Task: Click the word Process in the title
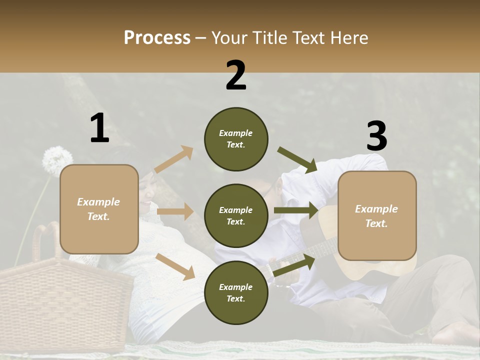157,38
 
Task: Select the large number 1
99,128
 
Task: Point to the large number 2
236,75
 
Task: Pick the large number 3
376,136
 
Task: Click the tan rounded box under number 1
99,209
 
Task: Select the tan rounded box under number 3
377,215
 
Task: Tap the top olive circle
236,139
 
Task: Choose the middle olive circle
236,215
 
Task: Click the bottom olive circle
236,292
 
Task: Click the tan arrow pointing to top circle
174,159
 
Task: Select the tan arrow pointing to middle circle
175,211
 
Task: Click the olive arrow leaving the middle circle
296,210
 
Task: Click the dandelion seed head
57,159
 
